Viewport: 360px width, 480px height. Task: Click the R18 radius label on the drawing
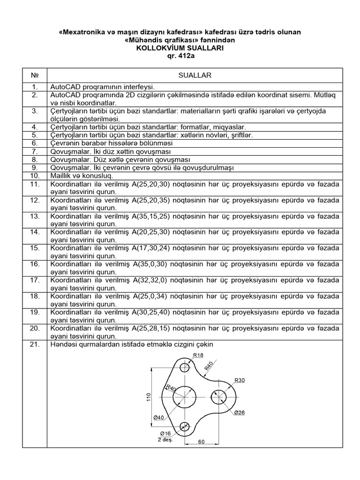[185, 355]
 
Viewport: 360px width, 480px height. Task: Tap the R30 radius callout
[240, 380]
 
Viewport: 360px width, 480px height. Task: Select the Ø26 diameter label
[240, 412]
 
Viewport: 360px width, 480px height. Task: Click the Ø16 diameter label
[165, 433]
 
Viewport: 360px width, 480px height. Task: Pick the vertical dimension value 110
[148, 397]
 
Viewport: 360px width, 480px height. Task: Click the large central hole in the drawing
[184, 398]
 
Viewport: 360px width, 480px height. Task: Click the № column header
[34, 75]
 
